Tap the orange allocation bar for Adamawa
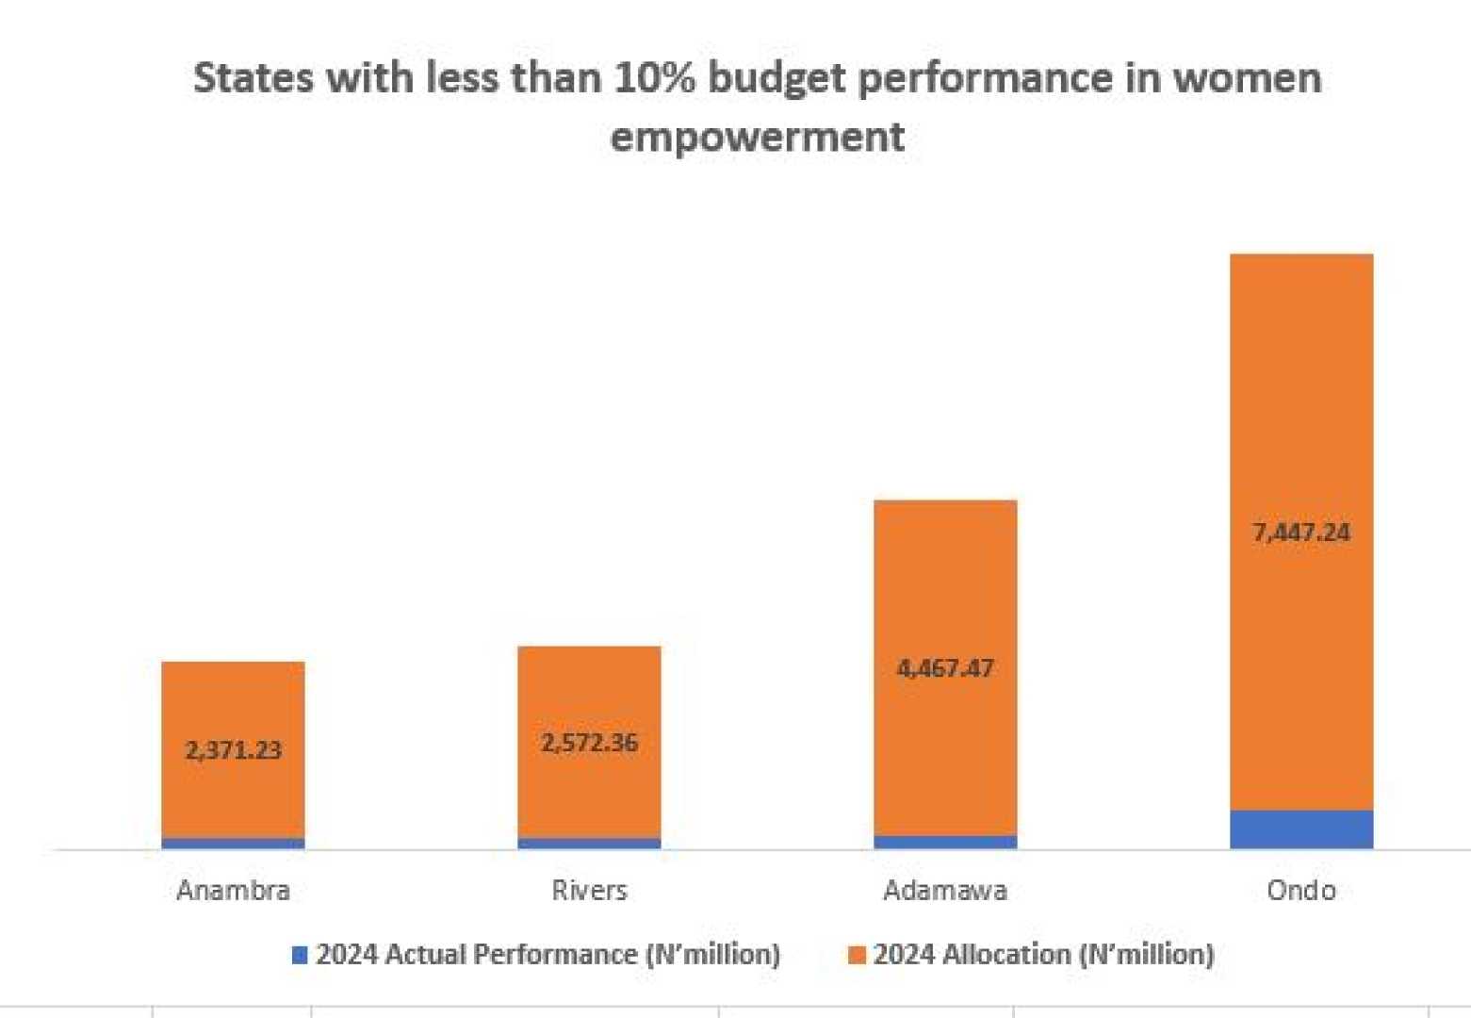(x=945, y=584)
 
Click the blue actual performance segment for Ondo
(x=1301, y=829)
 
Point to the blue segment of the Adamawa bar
(x=945, y=842)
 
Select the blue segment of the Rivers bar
(x=589, y=844)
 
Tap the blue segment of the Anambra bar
(x=233, y=844)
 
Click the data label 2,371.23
(x=233, y=750)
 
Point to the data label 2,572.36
(x=589, y=743)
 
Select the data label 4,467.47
(x=945, y=668)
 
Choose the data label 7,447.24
(x=1301, y=533)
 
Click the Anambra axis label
(x=233, y=890)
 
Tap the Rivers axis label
(x=589, y=890)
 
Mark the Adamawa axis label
(x=945, y=890)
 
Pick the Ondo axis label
(x=1301, y=890)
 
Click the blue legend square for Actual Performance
(x=300, y=955)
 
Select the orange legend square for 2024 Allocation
(x=857, y=955)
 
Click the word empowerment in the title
(x=758, y=137)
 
